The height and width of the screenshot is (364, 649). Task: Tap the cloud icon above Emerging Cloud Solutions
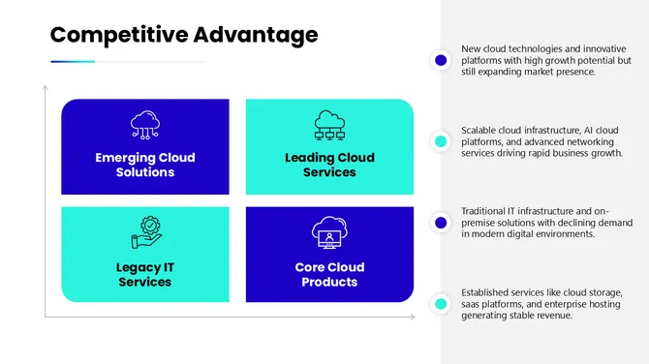tap(145, 125)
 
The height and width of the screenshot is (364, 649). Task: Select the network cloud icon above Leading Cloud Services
tap(329, 125)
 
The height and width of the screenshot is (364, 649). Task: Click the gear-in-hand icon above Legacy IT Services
tap(145, 233)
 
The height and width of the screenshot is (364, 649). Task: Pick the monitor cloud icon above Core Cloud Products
tap(329, 233)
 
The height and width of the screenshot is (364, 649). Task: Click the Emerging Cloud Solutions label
tap(145, 165)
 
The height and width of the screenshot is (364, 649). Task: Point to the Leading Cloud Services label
tap(329, 165)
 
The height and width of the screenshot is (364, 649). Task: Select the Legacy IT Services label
tap(145, 274)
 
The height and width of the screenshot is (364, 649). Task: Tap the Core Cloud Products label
tap(329, 274)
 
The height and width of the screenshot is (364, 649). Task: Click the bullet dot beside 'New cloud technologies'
tap(441, 60)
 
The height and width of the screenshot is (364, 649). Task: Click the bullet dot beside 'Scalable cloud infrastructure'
tap(441, 141)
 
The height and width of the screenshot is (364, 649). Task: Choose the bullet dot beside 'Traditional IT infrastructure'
tap(441, 223)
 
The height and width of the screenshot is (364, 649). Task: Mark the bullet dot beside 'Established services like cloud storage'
tap(441, 304)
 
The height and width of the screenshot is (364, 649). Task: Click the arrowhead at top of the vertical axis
tap(46, 89)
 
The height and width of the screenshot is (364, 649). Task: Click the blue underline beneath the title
tap(73, 62)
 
